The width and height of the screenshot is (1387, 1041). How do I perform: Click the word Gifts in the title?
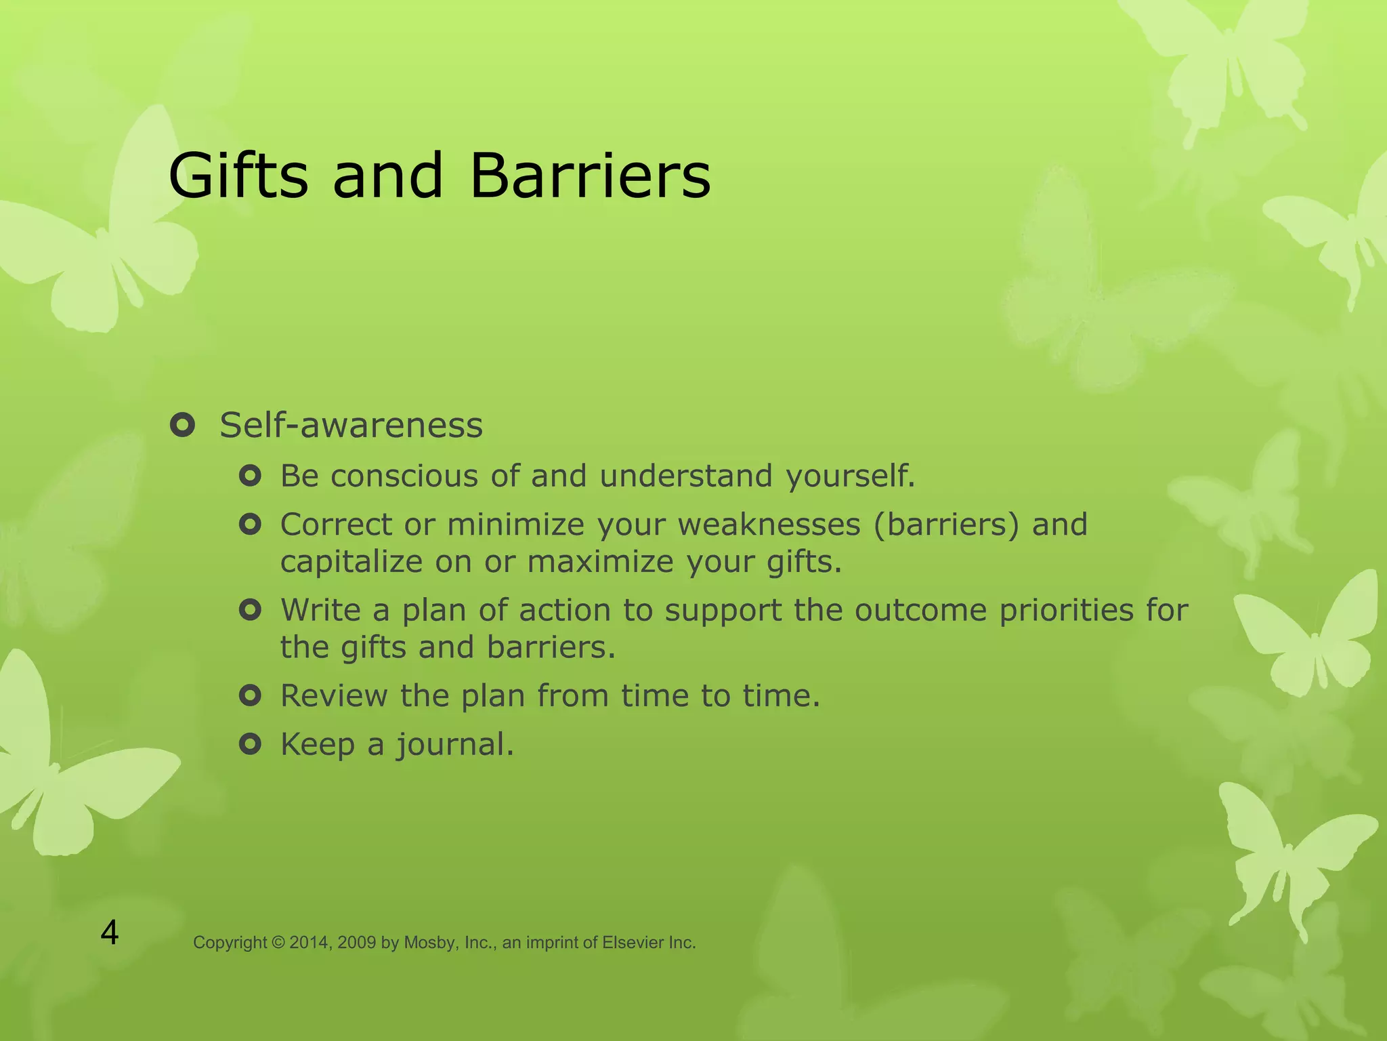click(x=238, y=176)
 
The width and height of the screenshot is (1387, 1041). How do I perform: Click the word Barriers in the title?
click(x=590, y=176)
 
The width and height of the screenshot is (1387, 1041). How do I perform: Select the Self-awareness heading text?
click(x=351, y=426)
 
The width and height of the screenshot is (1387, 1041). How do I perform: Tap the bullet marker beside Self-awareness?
click(x=183, y=426)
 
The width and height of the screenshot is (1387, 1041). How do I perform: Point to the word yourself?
click(x=849, y=476)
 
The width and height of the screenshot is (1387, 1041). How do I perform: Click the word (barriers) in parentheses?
click(x=946, y=525)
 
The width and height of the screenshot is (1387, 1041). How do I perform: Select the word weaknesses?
click(x=769, y=525)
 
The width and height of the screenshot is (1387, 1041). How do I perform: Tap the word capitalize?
click(x=351, y=563)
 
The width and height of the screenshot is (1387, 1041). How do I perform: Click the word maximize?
click(x=600, y=563)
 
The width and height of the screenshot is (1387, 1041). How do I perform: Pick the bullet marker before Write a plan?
click(x=250, y=611)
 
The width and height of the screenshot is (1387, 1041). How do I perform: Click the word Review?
click(x=333, y=696)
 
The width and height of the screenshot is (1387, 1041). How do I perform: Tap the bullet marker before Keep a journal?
click(x=250, y=745)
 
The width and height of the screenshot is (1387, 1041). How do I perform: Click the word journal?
click(x=454, y=746)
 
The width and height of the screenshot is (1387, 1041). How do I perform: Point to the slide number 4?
click(x=110, y=933)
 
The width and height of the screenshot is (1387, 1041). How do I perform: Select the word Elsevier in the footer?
click(x=633, y=943)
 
